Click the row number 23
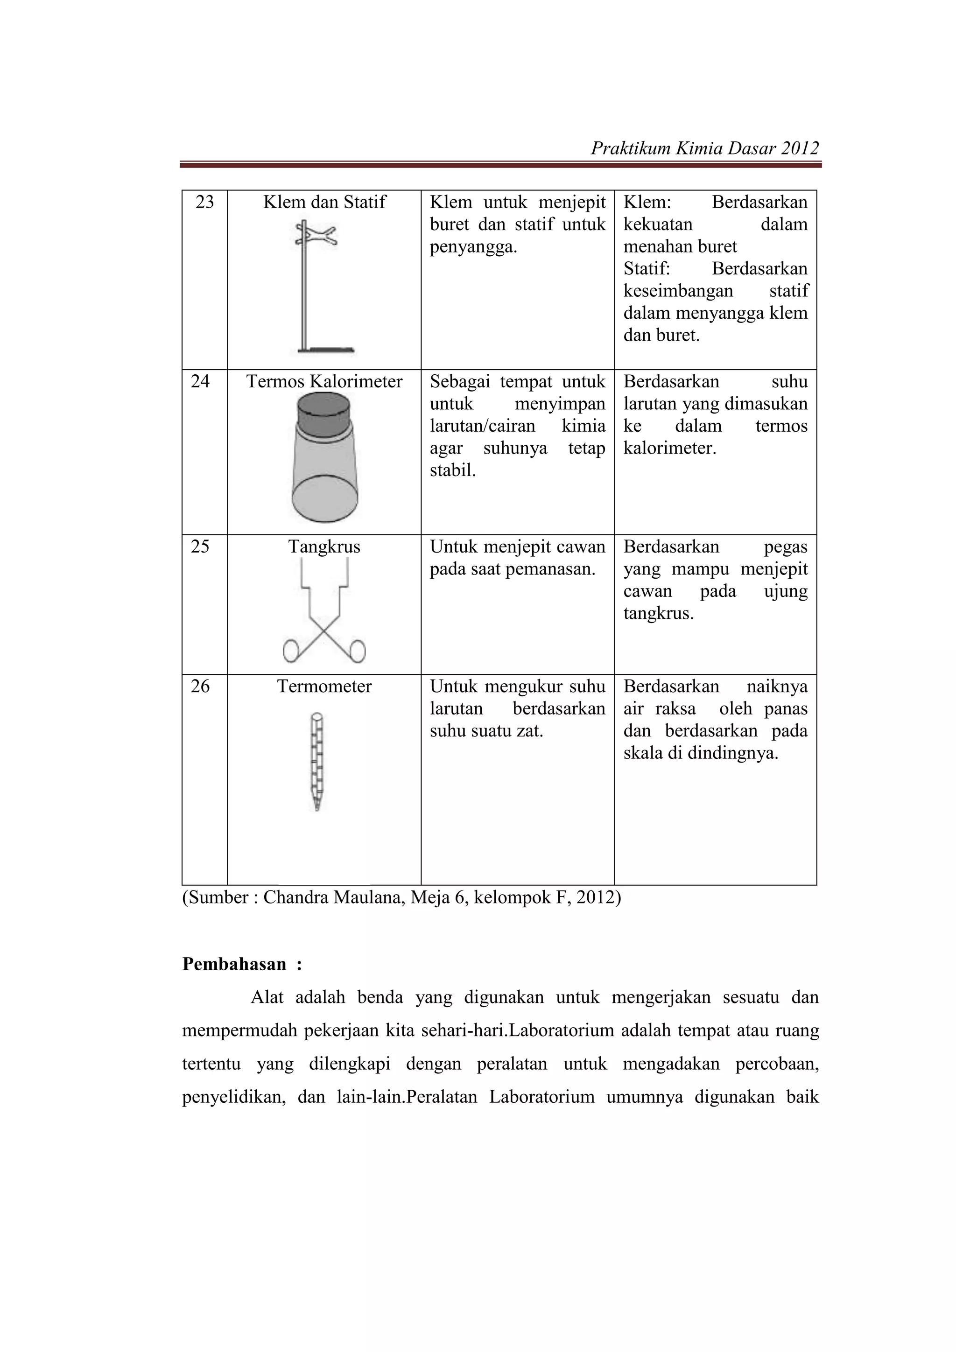[x=204, y=203]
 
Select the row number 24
[x=200, y=382]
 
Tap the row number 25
[x=200, y=546]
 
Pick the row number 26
[x=200, y=687]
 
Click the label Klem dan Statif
[x=324, y=203]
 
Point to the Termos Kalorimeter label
[x=324, y=382]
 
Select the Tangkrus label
[x=324, y=547]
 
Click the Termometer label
[x=324, y=687]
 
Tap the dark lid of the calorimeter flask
[x=323, y=412]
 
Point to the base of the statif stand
[x=326, y=350]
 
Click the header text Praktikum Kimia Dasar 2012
[x=704, y=148]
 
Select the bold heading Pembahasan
[x=234, y=964]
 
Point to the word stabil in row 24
[x=452, y=470]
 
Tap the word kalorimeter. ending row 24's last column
[x=670, y=448]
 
